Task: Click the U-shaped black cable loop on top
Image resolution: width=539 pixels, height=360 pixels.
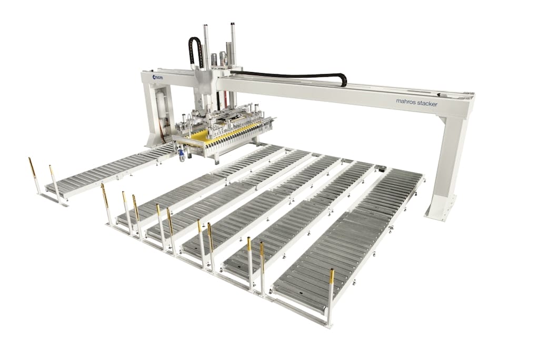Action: click(x=194, y=50)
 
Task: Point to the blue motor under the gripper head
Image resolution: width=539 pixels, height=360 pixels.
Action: click(x=181, y=155)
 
